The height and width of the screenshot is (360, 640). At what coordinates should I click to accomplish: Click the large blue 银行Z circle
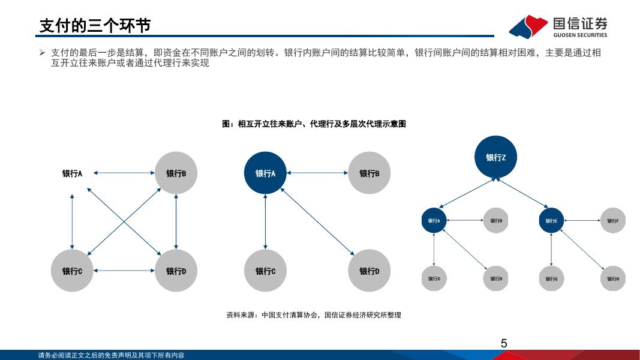pyautogui.click(x=495, y=157)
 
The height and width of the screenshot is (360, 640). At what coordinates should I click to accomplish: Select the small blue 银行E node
pyautogui.click(x=551, y=220)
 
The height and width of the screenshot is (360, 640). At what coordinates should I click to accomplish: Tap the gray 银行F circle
pyautogui.click(x=612, y=220)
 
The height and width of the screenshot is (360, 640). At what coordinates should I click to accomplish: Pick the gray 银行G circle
pyautogui.click(x=551, y=278)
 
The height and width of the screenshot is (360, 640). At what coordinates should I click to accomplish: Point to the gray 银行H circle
pyautogui.click(x=612, y=278)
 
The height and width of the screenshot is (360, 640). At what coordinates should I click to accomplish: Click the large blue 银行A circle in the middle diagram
pyautogui.click(x=265, y=173)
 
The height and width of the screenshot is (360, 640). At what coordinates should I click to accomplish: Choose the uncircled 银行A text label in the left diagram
pyautogui.click(x=72, y=173)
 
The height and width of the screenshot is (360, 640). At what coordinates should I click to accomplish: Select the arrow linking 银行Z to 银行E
pyautogui.click(x=522, y=193)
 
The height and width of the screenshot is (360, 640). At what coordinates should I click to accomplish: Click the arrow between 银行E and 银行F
pyautogui.click(x=582, y=220)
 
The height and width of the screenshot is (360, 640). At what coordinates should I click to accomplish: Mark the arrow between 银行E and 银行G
pyautogui.click(x=551, y=250)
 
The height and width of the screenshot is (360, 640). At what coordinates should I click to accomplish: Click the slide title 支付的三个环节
pyautogui.click(x=95, y=26)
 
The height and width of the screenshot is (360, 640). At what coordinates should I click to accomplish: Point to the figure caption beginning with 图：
pyautogui.click(x=314, y=124)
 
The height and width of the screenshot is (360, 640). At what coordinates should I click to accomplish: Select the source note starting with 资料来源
pyautogui.click(x=314, y=315)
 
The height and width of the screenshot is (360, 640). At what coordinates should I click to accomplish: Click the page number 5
pyautogui.click(x=504, y=343)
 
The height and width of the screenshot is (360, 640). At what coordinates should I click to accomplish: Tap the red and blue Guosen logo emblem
pyautogui.click(x=528, y=26)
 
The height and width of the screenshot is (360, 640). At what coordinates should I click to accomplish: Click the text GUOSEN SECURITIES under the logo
pyautogui.click(x=579, y=35)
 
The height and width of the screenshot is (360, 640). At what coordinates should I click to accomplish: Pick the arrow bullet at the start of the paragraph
pyautogui.click(x=42, y=53)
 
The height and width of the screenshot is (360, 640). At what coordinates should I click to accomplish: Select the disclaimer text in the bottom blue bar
pyautogui.click(x=111, y=355)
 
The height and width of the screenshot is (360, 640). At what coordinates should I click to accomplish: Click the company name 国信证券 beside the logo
pyautogui.click(x=579, y=23)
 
